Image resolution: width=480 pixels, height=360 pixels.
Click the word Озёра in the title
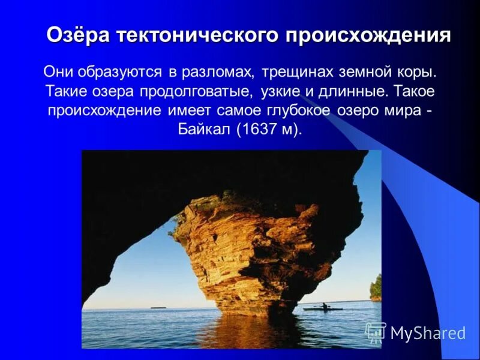[79, 35]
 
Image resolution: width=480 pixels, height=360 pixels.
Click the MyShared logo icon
[375, 332]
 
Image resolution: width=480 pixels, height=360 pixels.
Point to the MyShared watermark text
[427, 333]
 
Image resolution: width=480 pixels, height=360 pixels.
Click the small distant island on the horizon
[158, 307]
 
